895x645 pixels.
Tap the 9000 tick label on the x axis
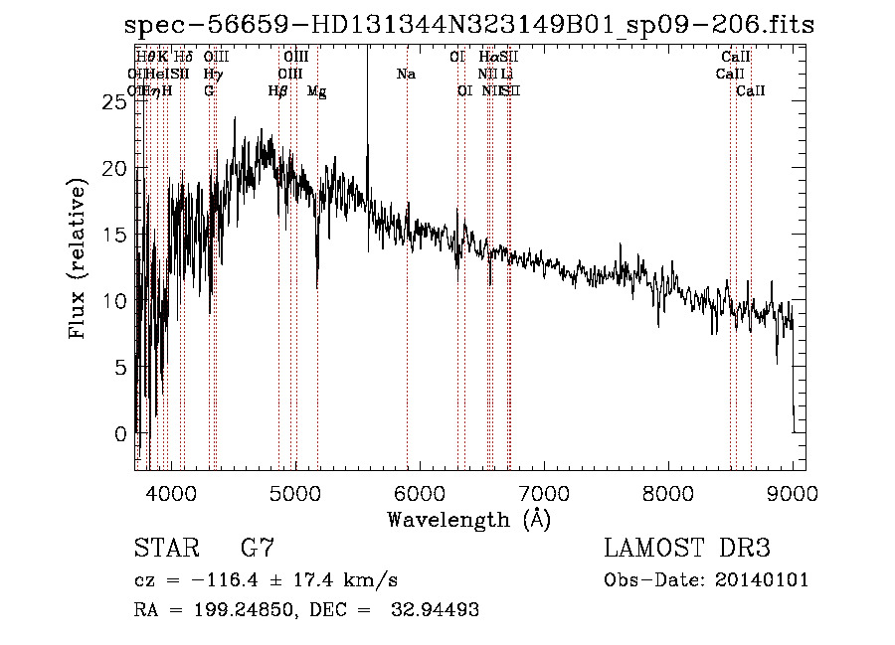[x=792, y=492]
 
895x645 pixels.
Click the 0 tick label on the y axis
[x=120, y=434]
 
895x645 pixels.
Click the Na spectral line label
[x=406, y=75]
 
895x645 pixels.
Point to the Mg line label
[x=317, y=91]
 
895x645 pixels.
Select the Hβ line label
[x=277, y=91]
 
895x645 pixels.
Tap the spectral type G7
[x=258, y=548]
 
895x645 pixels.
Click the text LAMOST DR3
[x=687, y=548]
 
